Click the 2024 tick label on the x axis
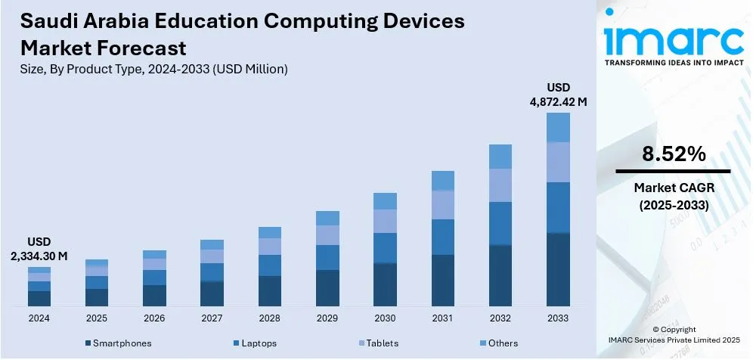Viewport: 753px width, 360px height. [39, 318]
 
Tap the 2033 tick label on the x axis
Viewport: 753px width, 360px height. [558, 318]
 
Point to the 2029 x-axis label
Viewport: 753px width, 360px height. [327, 318]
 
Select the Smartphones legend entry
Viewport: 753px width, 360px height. [122, 343]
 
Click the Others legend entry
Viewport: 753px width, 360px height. [503, 343]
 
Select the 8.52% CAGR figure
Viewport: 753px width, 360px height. [673, 154]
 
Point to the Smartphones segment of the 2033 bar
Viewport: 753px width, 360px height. [558, 269]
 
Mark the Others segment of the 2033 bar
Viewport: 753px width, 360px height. [558, 127]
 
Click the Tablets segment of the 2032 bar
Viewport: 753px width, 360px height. [500, 185]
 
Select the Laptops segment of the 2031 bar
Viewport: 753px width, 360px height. [443, 237]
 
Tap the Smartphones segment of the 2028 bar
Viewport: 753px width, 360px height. [270, 291]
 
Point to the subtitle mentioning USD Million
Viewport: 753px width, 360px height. [154, 70]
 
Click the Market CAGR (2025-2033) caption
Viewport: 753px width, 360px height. [673, 195]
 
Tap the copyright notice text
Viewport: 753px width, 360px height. [673, 334]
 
